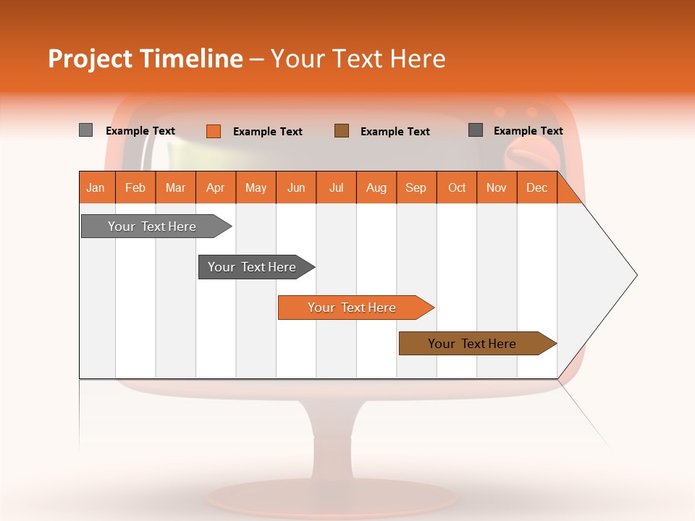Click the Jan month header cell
tap(96, 187)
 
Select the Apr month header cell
tap(216, 187)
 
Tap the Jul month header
tap(336, 187)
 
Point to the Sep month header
tap(416, 187)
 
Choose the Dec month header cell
tap(536, 187)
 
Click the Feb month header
tap(135, 187)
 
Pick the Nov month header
tap(497, 187)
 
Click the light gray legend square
tap(85, 130)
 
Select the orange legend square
tap(213, 131)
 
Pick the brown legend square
tap(342, 130)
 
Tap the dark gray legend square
tap(476, 130)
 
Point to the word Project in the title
tap(90, 59)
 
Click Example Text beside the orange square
tap(267, 132)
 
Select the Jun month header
tap(296, 187)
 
